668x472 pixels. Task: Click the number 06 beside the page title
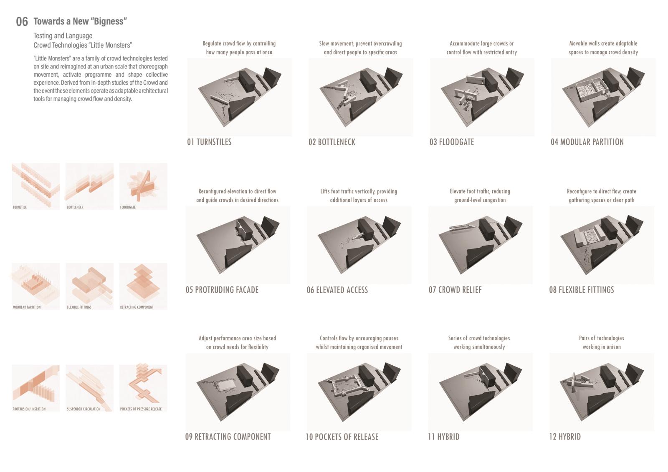click(x=22, y=21)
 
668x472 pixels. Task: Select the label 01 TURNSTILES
click(x=209, y=142)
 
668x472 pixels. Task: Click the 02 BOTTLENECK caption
click(x=331, y=142)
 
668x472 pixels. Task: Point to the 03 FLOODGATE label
click(x=451, y=142)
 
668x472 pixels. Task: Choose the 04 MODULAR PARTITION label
click(x=587, y=142)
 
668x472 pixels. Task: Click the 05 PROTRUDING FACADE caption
click(x=222, y=290)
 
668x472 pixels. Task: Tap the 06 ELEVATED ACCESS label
click(x=337, y=290)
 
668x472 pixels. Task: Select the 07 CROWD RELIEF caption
click(x=455, y=290)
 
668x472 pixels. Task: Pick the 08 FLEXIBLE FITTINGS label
click(x=582, y=290)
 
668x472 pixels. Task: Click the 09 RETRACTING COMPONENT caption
click(x=228, y=437)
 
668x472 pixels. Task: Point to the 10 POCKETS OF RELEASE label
click(x=342, y=437)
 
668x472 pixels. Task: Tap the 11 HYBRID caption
click(x=443, y=437)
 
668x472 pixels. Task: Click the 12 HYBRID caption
click(x=565, y=437)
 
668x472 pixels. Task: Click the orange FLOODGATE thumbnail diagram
click(x=143, y=186)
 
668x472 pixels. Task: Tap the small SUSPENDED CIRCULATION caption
click(x=83, y=409)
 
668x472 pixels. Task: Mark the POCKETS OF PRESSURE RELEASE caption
click(x=141, y=409)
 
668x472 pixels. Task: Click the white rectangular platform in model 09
click(x=227, y=386)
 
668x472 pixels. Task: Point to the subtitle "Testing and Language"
click(x=63, y=36)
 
